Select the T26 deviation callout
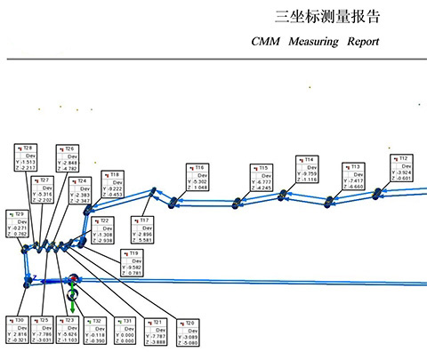(68, 157)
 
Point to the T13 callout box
(350, 176)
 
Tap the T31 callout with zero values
(127, 330)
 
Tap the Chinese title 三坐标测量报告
(328, 16)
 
